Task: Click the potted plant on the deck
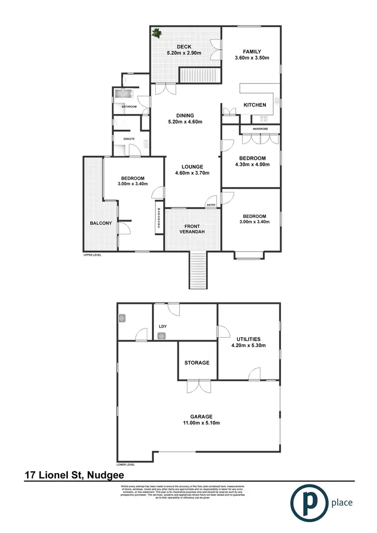pyautogui.click(x=157, y=34)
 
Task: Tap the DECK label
pyautogui.click(x=184, y=47)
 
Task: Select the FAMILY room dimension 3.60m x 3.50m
pyautogui.click(x=251, y=58)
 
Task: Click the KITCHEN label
pyautogui.click(x=255, y=105)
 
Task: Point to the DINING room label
pyautogui.click(x=184, y=115)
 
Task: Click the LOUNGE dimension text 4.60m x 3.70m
pyautogui.click(x=192, y=173)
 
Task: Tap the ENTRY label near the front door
pyautogui.click(x=212, y=205)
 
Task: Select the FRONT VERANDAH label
pyautogui.click(x=193, y=230)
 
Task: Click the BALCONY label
pyautogui.click(x=101, y=223)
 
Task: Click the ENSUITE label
pyautogui.click(x=123, y=139)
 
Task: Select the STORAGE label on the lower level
pyautogui.click(x=197, y=362)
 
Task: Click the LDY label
pyautogui.click(x=162, y=326)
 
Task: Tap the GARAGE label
pyautogui.click(x=201, y=416)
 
